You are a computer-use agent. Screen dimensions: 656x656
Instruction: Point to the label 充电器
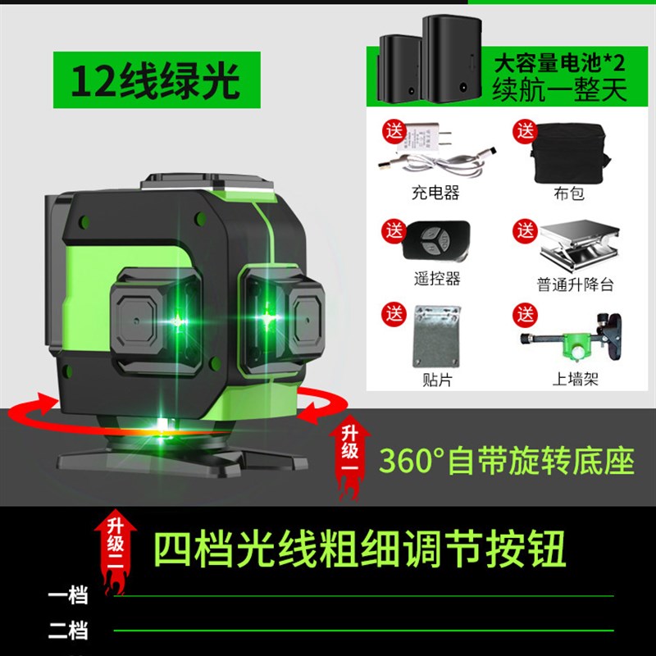click(435, 194)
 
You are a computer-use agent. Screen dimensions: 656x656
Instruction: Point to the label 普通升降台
click(575, 285)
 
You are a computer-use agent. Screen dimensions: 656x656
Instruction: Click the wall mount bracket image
click(574, 336)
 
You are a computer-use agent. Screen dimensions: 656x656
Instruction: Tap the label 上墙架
click(574, 380)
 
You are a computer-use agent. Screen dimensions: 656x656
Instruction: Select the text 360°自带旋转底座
click(506, 461)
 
